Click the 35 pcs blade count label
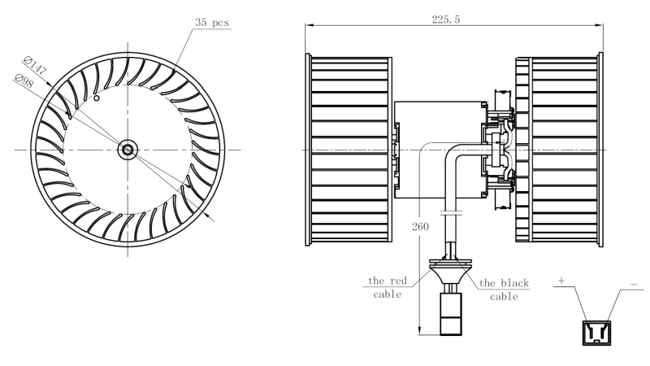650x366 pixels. (212, 23)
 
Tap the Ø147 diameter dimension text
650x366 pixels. (35, 65)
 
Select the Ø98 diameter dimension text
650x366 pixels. (24, 81)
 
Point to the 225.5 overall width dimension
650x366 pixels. (445, 20)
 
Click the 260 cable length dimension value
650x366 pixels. (420, 226)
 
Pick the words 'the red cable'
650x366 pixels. (388, 288)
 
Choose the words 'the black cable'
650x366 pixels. (504, 290)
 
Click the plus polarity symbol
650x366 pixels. (561, 281)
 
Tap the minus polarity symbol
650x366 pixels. (634, 284)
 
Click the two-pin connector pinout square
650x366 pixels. (596, 333)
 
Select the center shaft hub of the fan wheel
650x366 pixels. (128, 150)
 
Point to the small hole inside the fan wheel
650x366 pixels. (96, 98)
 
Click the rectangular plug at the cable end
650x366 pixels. (451, 314)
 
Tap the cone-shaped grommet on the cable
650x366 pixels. (451, 272)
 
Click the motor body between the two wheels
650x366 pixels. (440, 150)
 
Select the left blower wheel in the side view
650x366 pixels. (349, 150)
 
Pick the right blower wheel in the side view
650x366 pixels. (559, 150)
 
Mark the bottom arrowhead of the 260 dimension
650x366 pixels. (420, 331)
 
